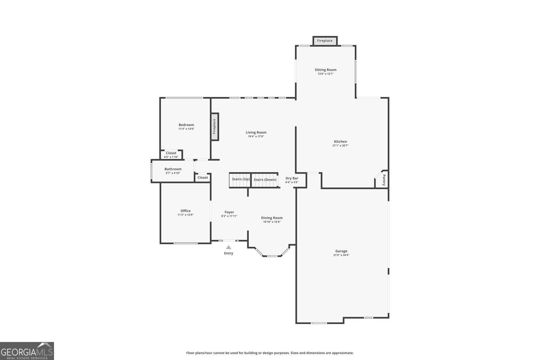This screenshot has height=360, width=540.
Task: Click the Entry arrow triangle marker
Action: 228,247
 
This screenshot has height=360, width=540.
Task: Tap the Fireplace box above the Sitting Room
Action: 325,41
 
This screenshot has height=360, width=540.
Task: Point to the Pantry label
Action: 384,180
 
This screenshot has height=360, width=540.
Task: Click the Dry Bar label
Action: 292,178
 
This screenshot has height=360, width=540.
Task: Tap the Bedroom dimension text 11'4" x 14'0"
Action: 186,129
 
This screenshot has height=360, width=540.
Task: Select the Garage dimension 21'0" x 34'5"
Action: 341,255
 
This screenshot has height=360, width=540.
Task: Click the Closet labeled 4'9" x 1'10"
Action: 171,155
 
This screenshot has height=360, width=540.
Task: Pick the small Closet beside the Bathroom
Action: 202,177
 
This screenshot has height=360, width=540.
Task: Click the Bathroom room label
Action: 173,169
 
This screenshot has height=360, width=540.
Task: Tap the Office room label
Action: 185,211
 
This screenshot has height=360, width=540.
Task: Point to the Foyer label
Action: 229,212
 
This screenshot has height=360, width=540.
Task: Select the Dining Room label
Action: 272,218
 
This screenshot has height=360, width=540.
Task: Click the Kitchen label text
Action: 340,142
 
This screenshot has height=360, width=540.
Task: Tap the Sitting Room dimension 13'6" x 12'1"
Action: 325,74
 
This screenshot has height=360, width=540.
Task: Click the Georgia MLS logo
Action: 27,351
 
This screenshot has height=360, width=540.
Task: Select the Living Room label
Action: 256,133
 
